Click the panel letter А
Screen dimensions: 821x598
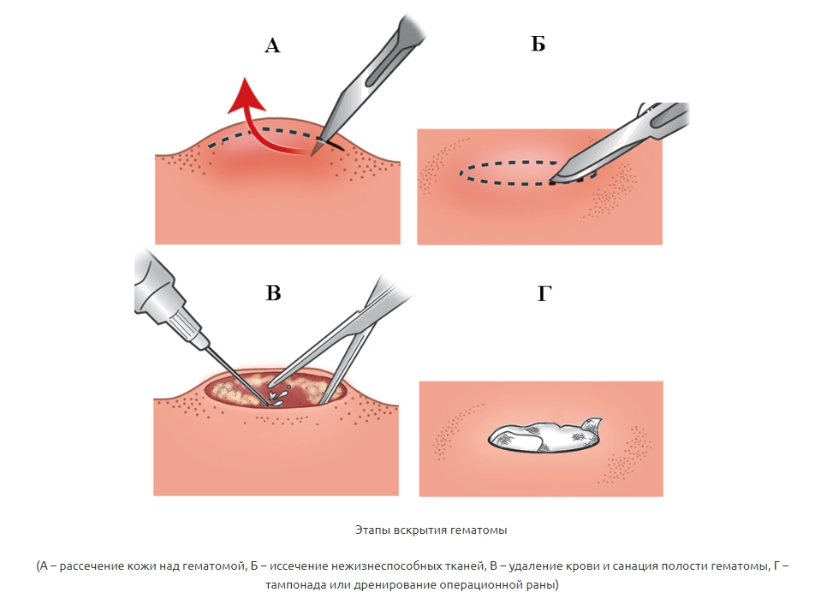(272, 45)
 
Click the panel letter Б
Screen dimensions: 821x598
(538, 44)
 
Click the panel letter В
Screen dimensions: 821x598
(273, 293)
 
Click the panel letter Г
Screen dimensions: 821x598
(544, 293)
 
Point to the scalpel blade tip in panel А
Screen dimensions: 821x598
(313, 154)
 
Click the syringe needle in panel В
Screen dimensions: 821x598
(236, 375)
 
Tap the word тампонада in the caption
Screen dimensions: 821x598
(292, 584)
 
